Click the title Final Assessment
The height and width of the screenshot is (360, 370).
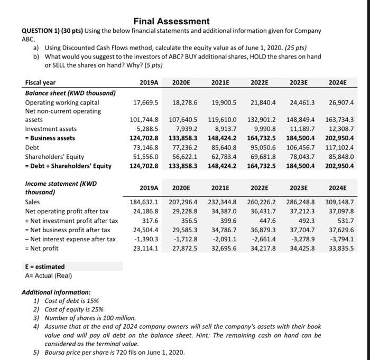171,22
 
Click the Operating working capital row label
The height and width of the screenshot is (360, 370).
62,102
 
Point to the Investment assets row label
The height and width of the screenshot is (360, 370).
51,129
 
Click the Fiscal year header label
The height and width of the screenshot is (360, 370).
40,83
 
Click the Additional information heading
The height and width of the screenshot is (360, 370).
56,292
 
